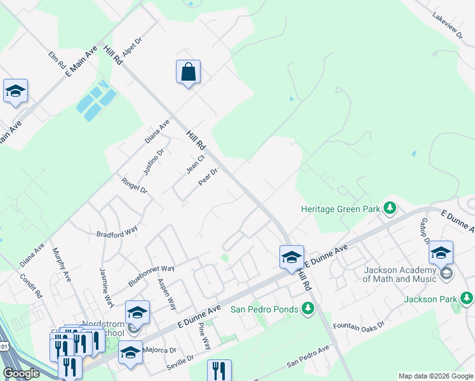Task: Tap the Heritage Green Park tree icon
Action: point(390,208)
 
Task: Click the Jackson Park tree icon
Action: point(467,298)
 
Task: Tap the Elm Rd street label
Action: point(57,60)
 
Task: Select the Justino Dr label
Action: point(153,161)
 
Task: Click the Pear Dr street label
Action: point(208,177)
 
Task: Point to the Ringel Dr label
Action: point(134,186)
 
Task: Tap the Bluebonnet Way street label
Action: point(151,274)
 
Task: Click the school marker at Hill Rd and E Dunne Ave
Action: point(291,257)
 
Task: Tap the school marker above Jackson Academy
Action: point(441,253)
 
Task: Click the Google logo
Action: point(21,373)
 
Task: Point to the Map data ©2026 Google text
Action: point(435,376)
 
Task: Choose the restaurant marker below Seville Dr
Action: point(219,370)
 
